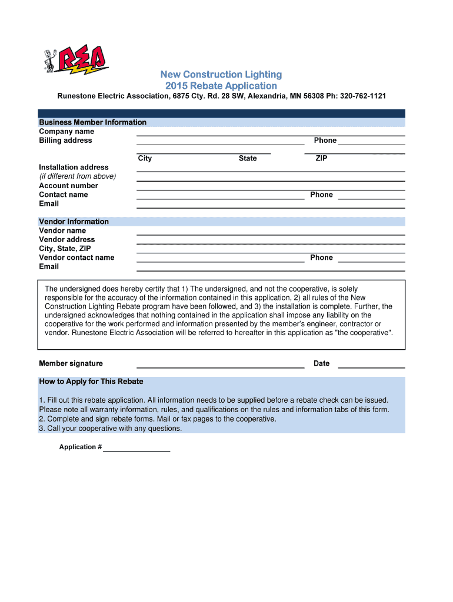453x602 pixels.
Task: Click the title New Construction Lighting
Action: click(221, 75)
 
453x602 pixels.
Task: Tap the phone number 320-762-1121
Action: click(359, 96)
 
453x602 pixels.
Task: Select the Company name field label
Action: click(66, 132)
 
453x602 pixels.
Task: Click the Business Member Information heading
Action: click(92, 122)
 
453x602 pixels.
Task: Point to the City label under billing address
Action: click(145, 159)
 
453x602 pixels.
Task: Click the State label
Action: click(248, 159)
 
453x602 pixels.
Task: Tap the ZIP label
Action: click(322, 159)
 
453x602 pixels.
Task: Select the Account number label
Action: click(68, 186)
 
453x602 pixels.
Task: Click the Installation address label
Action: click(74, 168)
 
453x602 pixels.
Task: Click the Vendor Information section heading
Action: click(74, 222)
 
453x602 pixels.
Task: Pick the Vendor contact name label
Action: click(76, 257)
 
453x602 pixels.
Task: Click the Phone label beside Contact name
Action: click(321, 195)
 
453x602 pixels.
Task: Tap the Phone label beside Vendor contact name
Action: click(321, 257)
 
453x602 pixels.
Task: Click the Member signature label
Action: click(71, 363)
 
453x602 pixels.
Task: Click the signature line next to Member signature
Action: click(220, 366)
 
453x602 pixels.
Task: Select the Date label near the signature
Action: click(321, 363)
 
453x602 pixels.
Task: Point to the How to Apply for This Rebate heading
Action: click(91, 382)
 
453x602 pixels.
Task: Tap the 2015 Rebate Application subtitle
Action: click(221, 86)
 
